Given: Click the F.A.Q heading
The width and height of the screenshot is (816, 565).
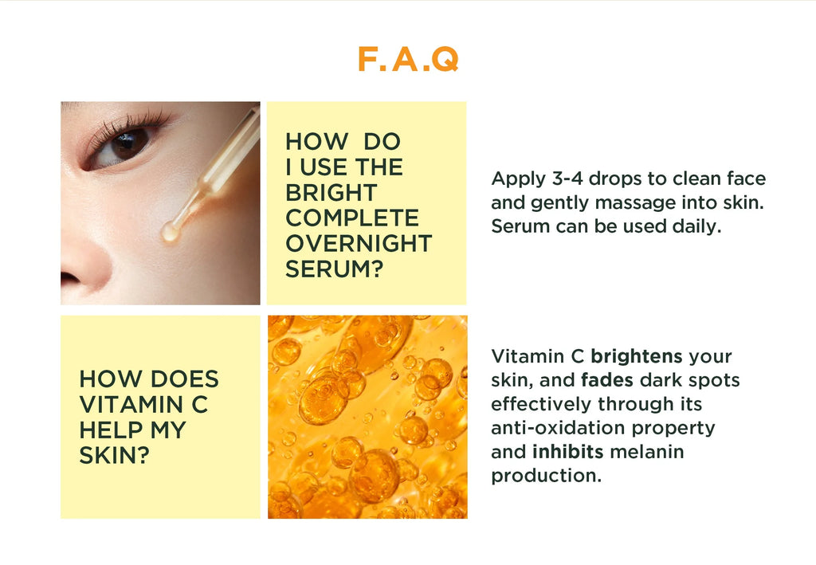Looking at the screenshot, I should (x=407, y=60).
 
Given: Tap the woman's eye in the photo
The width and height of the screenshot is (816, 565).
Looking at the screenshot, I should (x=127, y=144).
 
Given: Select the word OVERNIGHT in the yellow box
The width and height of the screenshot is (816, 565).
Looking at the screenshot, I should (x=358, y=244).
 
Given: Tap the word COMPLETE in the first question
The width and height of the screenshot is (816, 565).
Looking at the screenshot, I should (x=351, y=218).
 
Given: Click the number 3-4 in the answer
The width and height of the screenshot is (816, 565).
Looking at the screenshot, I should (x=567, y=179).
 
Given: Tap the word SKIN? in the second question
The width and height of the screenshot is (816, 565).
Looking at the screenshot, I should (x=115, y=456).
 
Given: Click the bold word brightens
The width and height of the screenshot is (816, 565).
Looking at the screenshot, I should (x=636, y=356).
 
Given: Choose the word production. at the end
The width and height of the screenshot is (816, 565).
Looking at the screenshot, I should (x=546, y=477).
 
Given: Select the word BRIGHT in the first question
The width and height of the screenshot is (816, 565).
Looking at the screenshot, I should (x=331, y=193).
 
